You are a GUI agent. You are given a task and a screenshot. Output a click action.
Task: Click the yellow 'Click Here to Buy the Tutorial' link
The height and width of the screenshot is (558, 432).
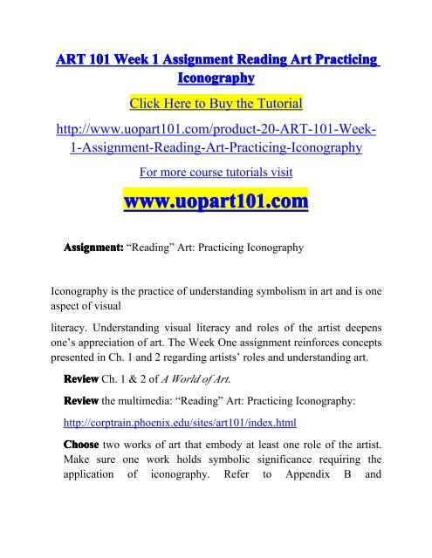coord(216,105)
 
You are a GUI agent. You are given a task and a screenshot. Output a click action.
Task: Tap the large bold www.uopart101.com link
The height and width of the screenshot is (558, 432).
coord(216,202)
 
